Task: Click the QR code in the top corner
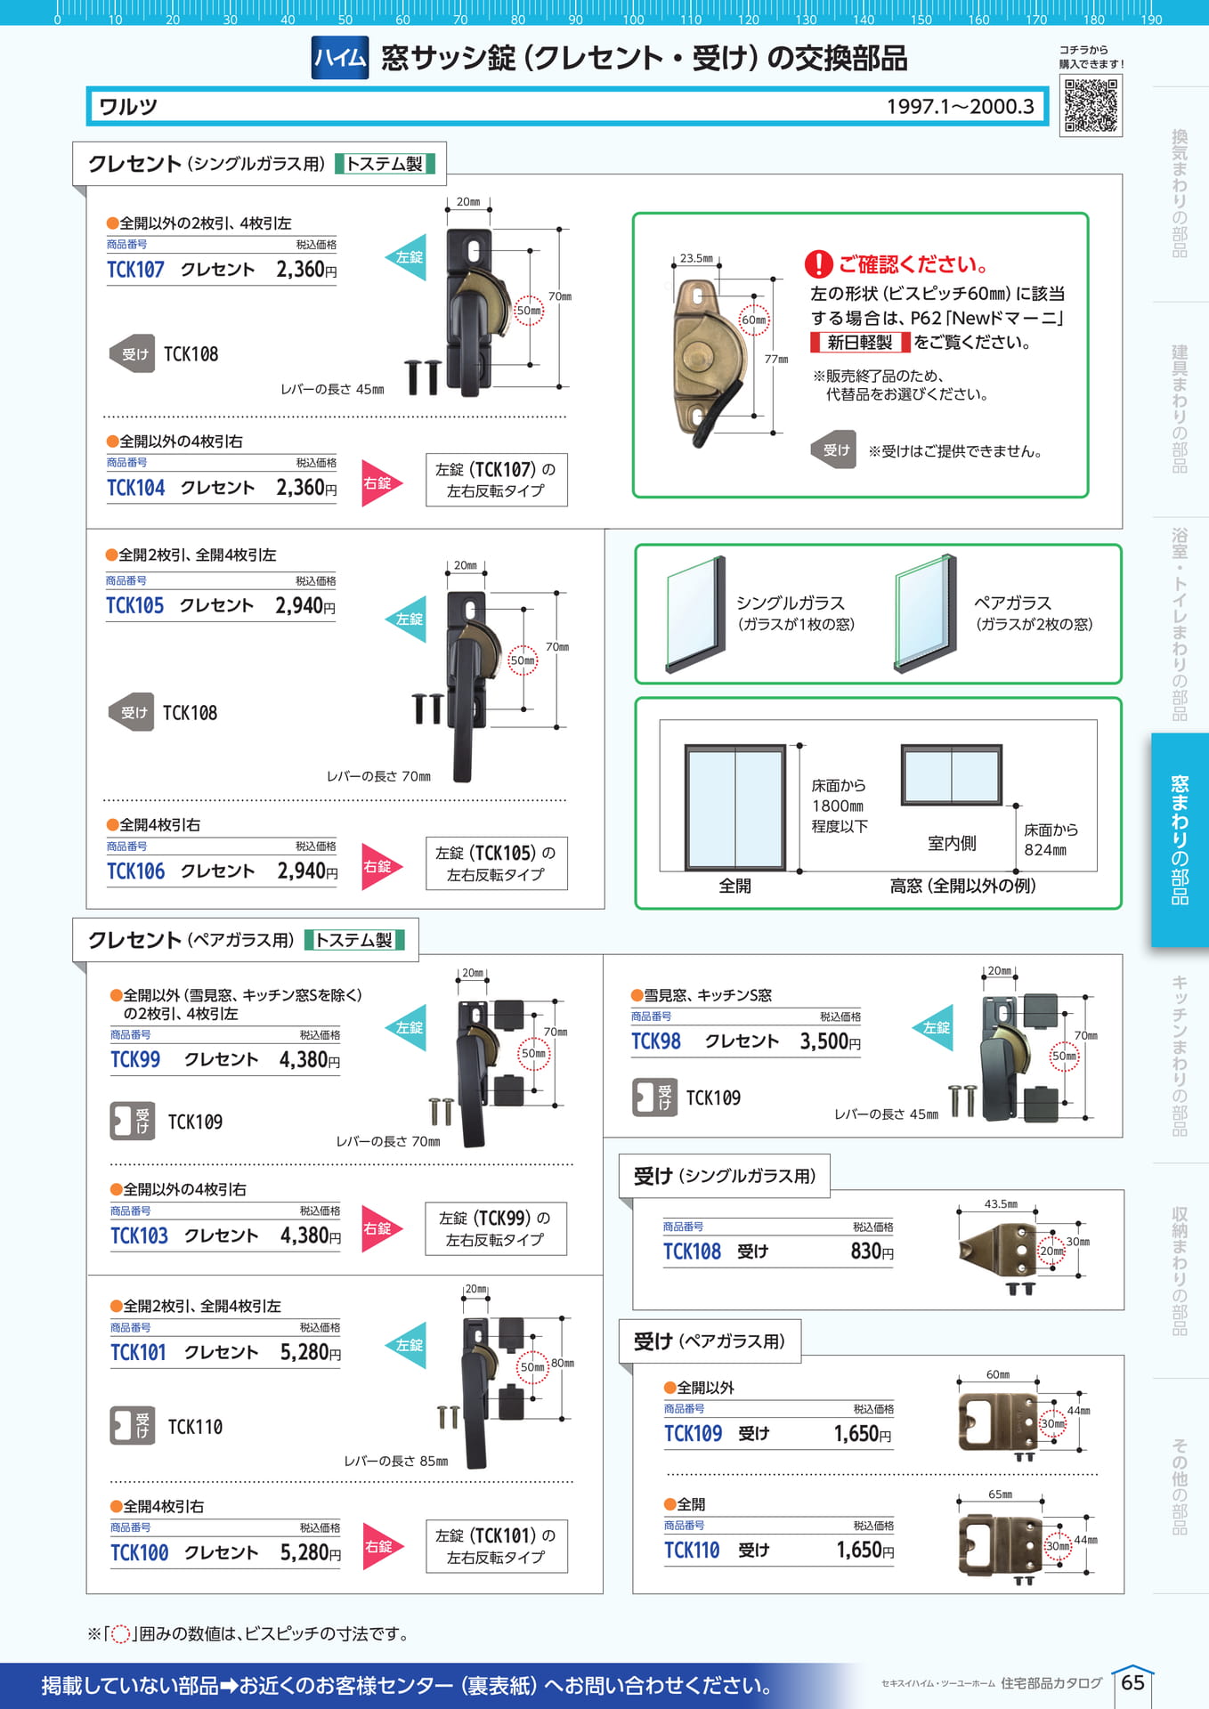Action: (1091, 105)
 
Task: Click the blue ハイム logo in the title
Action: (340, 58)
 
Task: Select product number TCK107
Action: (135, 270)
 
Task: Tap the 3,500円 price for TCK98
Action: (830, 1041)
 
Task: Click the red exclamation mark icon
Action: (818, 264)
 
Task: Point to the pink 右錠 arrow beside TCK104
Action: (382, 483)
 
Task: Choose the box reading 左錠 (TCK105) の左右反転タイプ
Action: (496, 863)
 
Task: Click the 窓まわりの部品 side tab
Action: (1180, 839)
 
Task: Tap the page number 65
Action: (1132, 1682)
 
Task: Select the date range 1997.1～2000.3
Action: (960, 107)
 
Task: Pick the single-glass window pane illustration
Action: (696, 614)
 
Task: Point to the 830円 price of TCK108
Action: (872, 1251)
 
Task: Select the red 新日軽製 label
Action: (860, 343)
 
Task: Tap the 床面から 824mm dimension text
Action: (1051, 839)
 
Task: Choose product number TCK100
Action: (139, 1553)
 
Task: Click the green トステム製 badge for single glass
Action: (385, 164)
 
